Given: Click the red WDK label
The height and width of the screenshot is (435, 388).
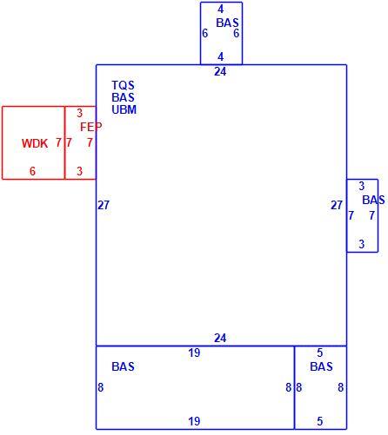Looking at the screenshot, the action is coord(35,143).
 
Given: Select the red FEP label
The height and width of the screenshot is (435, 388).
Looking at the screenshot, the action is coord(91,127).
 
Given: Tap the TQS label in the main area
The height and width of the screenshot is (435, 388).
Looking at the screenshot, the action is coord(124,85).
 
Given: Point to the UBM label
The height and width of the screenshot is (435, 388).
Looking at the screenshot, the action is coord(124,109).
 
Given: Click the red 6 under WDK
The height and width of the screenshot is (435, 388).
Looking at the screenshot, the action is coord(32,171).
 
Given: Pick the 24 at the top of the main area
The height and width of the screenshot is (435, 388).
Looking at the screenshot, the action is coord(220,71).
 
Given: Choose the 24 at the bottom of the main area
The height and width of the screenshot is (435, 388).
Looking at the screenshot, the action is coord(220,338).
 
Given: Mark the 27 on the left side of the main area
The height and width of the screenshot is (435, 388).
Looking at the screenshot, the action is coord(104,205).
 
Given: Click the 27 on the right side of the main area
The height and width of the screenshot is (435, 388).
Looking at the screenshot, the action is coord(337,205).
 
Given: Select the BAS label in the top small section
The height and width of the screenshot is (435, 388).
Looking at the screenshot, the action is coord(227,23).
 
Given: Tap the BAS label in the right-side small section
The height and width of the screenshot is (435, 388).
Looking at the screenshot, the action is coord(373,200).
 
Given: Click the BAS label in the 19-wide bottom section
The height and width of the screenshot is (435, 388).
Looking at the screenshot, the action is coord(123,366).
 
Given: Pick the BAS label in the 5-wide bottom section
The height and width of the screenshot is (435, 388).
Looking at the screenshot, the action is coord(321,366).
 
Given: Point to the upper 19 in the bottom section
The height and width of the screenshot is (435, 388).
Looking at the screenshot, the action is coord(194,353).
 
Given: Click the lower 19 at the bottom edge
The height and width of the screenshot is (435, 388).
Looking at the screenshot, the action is coord(194,421).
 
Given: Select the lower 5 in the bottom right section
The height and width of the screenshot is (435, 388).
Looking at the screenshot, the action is coord(320,421).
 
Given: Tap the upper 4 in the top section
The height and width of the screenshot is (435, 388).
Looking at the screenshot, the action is coord(221,10).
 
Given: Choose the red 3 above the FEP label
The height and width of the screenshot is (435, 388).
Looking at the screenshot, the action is coord(80,113).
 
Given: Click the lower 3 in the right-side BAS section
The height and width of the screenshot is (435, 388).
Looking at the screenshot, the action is coord(362,244).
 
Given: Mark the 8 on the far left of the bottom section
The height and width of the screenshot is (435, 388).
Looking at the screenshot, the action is coord(101,387).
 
